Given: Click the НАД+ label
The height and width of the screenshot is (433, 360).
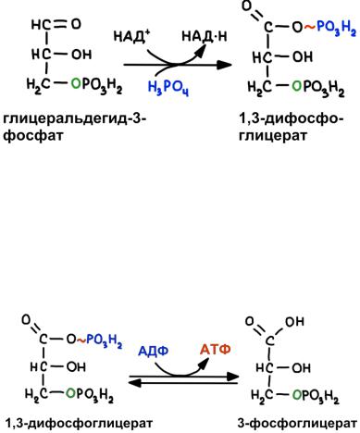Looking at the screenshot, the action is tap(131, 37).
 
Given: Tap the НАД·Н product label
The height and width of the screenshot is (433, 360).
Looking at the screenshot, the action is tap(205, 36).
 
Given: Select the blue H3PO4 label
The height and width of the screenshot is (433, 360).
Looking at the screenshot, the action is tap(168, 88).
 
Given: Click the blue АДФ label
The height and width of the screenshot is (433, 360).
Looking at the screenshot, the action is tap(153, 351).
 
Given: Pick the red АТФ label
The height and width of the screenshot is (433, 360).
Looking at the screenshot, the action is tap(216, 350).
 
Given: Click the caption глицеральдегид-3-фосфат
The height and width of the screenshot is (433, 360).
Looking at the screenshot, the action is tap(74, 127).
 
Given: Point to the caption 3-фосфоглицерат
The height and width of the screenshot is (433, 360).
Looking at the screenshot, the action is tap(297, 423).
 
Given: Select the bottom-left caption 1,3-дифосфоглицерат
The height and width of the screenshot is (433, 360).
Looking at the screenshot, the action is tap(79, 423).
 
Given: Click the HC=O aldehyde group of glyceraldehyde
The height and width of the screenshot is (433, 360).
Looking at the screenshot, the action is tap(56, 24).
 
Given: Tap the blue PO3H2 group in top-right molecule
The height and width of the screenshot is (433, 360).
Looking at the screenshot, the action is tap(336, 29).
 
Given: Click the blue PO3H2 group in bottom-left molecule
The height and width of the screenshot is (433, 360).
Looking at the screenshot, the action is tap(104, 340).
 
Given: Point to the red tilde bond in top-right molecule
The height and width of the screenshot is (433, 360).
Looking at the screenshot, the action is tap(310, 27).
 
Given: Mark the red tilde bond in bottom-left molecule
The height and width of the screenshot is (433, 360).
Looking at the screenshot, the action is tap(81, 340).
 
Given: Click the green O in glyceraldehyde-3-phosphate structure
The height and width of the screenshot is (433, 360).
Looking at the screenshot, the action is tap(76, 83).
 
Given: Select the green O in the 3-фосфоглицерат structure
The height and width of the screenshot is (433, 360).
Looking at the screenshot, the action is tap(297, 394).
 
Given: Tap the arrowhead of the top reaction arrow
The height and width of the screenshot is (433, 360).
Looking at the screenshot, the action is tap(224, 65).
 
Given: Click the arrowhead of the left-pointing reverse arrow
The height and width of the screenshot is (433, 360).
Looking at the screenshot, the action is tap(134, 383).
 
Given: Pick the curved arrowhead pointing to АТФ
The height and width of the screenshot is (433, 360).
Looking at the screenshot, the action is tap(204, 364).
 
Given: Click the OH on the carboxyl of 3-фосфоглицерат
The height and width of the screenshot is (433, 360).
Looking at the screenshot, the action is tap(294, 322).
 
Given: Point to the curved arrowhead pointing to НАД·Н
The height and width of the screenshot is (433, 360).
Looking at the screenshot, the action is tap(200, 51).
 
